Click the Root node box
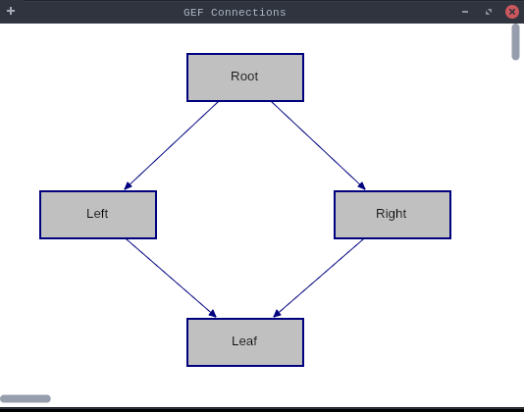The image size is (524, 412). click(245, 77)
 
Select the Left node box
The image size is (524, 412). click(98, 215)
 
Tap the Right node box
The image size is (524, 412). click(393, 215)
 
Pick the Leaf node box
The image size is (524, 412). click(245, 342)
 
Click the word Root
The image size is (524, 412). click(244, 77)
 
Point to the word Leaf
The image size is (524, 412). click(244, 340)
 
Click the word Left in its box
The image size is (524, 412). click(97, 214)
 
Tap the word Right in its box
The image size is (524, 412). click(391, 214)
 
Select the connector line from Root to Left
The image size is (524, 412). click(171, 146)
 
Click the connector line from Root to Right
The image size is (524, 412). click(319, 146)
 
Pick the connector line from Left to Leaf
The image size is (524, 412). click(172, 278)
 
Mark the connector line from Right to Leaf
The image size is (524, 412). click(318, 278)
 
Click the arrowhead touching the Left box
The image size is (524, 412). click(128, 186)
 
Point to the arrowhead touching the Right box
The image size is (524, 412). click(362, 186)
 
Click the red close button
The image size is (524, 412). click(512, 12)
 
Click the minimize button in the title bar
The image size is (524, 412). click(465, 12)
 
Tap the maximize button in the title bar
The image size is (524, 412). click(489, 12)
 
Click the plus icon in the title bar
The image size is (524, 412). click(11, 11)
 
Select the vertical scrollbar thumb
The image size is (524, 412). click(515, 42)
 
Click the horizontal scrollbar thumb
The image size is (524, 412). click(26, 398)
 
